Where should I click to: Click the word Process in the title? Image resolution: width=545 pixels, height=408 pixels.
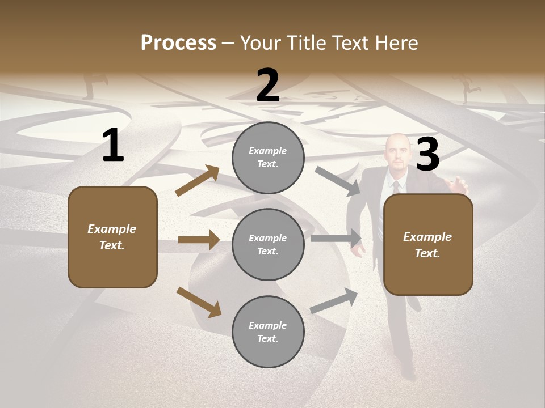pos(178,43)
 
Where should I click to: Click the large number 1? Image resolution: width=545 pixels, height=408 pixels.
pos(113,146)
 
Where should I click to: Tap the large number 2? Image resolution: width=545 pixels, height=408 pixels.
pos(268,86)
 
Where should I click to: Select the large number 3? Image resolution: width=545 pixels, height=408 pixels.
pos(427,154)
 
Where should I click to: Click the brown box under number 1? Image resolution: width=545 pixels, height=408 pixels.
pos(112,237)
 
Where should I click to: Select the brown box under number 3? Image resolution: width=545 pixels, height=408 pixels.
pos(428,244)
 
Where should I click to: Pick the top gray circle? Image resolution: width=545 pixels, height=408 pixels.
pos(268,158)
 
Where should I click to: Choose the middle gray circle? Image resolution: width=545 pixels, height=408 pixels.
pos(268,244)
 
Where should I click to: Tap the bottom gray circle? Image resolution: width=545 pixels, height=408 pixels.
pos(268,331)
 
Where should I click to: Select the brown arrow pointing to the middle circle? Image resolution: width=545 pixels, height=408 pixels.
pos(199,240)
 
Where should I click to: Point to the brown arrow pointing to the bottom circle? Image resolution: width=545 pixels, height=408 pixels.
pos(199,301)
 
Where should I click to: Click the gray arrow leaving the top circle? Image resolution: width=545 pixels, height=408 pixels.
pos(337,181)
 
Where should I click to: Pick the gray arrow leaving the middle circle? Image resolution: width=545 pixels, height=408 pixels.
pos(336,239)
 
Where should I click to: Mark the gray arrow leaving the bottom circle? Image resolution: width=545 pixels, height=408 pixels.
pos(334,301)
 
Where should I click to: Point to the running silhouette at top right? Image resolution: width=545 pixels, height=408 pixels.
pos(469,90)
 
